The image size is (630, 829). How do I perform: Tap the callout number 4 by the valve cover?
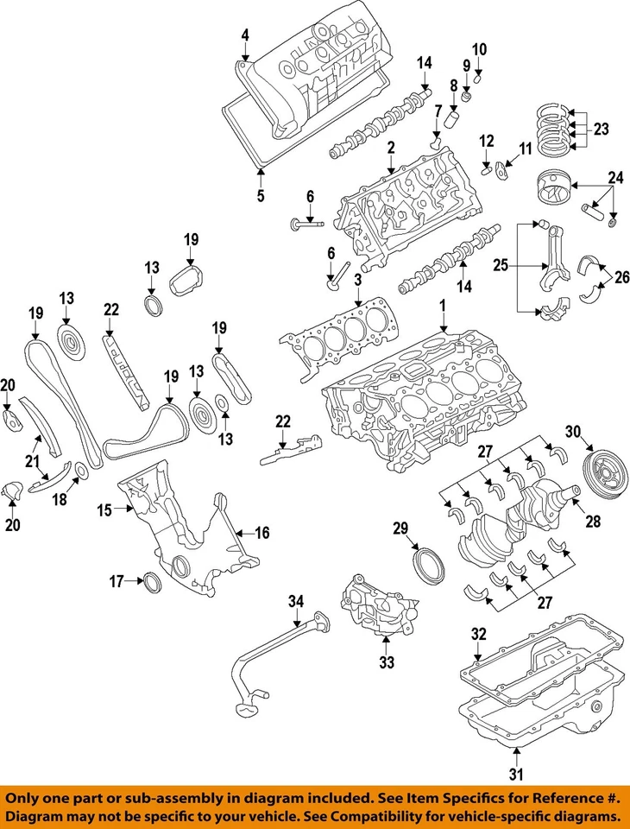coord(245,35)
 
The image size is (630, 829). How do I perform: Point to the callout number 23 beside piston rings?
coord(601,129)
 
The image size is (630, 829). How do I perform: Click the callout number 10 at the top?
coord(479,47)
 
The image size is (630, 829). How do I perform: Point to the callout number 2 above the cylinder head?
coord(391,149)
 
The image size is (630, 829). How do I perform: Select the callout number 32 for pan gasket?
coord(478,634)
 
